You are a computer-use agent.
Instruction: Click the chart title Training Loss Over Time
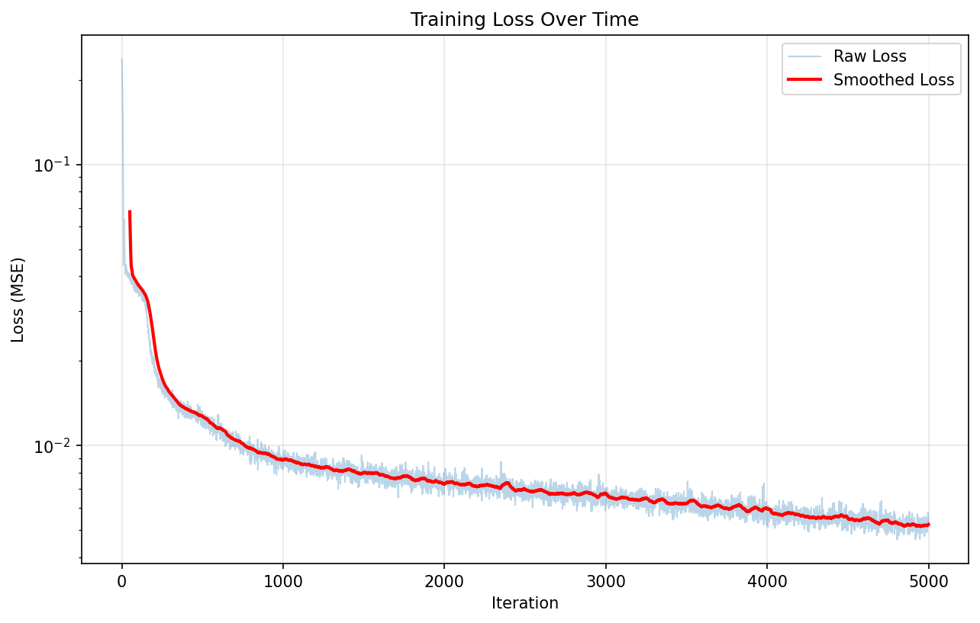pos(524,20)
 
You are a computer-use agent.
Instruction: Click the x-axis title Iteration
pos(524,603)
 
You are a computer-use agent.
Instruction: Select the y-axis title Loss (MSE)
pos(18,300)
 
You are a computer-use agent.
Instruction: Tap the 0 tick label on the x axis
pos(122,581)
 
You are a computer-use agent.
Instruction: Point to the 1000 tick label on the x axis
pos(283,581)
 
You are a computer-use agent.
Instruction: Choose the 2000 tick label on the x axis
pos(444,581)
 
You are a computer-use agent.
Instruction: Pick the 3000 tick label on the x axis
pos(606,581)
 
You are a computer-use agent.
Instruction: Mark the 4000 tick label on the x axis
pos(767,581)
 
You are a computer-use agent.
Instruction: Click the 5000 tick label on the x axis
pos(928,581)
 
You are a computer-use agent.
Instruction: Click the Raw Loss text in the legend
pos(869,56)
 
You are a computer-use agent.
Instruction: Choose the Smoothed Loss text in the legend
pos(893,80)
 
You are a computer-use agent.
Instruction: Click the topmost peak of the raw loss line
pos(122,59)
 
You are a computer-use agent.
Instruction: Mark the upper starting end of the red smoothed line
pos(130,212)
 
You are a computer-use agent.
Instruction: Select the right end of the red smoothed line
pos(928,525)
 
